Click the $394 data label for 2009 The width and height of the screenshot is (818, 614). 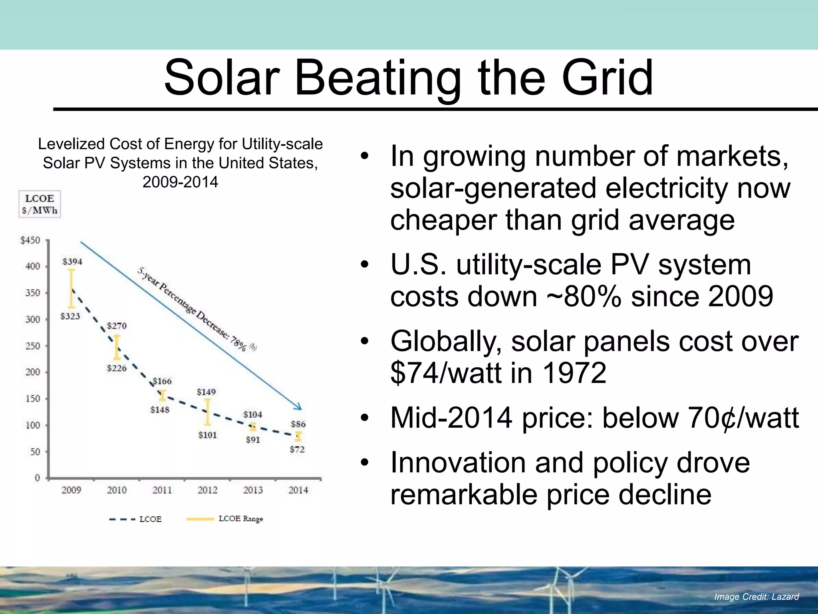click(x=72, y=261)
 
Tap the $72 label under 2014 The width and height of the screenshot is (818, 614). click(x=297, y=449)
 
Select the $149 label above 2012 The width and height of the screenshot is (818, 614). click(x=206, y=392)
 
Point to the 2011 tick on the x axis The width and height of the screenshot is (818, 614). click(x=162, y=490)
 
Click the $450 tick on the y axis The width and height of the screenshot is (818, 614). click(x=30, y=240)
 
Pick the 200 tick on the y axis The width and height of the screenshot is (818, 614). click(x=33, y=372)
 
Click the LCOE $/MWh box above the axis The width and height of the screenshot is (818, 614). click(x=40, y=204)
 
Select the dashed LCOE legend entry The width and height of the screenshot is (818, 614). click(x=136, y=519)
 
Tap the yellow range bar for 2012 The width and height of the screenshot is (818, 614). click(x=207, y=412)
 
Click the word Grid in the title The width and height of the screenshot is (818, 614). click(x=607, y=78)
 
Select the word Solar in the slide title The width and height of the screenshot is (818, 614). click(x=222, y=78)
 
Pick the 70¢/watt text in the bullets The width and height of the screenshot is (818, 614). click(x=743, y=418)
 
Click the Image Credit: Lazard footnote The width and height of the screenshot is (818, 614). click(x=756, y=597)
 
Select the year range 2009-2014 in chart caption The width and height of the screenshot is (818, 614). click(x=180, y=182)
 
